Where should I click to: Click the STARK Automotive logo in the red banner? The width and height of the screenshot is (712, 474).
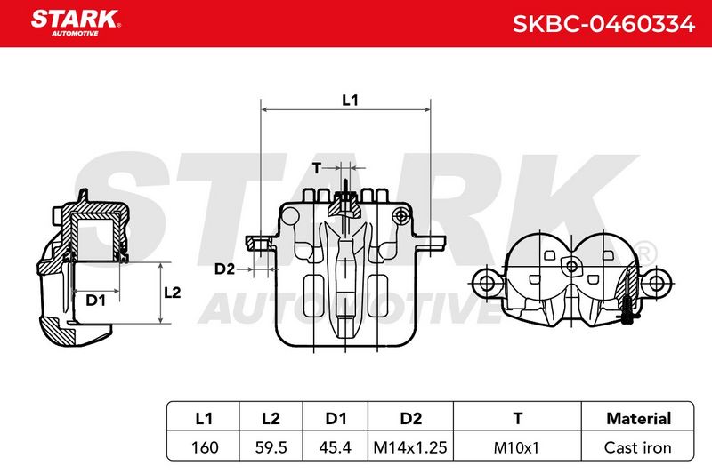pyautogui.click(x=76, y=23)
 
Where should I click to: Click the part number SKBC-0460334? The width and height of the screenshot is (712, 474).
pyautogui.click(x=603, y=24)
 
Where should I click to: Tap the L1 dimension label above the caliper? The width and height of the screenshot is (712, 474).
pyautogui.click(x=350, y=100)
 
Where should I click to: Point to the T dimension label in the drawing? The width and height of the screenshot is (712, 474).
pyautogui.click(x=317, y=168)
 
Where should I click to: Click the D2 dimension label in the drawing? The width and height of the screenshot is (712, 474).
pyautogui.click(x=225, y=269)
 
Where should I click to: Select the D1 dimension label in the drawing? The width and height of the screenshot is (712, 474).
pyautogui.click(x=96, y=300)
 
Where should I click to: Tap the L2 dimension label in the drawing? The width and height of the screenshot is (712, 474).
pyautogui.click(x=172, y=293)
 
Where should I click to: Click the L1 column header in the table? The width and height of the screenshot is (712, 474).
pyautogui.click(x=204, y=418)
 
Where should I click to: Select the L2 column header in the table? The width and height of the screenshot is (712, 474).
pyautogui.click(x=271, y=418)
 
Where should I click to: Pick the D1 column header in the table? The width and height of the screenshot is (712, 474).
pyautogui.click(x=336, y=418)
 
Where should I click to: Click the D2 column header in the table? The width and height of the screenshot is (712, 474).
pyautogui.click(x=411, y=418)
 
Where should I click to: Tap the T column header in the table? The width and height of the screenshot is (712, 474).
pyautogui.click(x=518, y=418)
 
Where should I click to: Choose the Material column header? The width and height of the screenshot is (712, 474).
pyautogui.click(x=638, y=418)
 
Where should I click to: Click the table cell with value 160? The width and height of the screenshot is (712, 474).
pyautogui.click(x=205, y=447)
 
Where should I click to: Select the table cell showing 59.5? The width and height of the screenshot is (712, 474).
pyautogui.click(x=271, y=447)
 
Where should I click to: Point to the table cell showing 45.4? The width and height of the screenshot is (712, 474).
pyautogui.click(x=336, y=447)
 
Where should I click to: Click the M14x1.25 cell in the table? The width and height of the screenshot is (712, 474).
pyautogui.click(x=410, y=447)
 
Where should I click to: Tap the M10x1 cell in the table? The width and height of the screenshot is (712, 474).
pyautogui.click(x=516, y=447)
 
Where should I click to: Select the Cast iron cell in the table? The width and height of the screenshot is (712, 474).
pyautogui.click(x=637, y=447)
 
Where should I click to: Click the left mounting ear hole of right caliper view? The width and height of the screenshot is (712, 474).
pyautogui.click(x=487, y=284)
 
